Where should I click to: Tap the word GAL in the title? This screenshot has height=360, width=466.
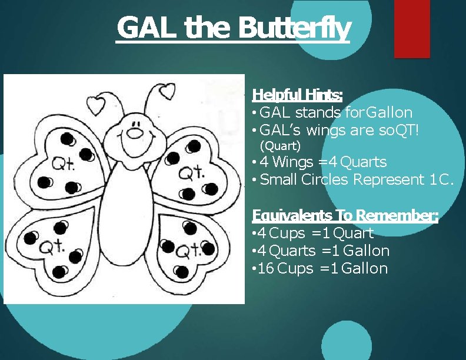148,28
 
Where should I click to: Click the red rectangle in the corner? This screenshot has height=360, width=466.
412,29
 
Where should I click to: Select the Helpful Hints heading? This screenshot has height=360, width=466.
297,95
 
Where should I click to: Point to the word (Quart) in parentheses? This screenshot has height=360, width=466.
280,145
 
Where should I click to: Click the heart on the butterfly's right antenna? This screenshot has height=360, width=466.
168,91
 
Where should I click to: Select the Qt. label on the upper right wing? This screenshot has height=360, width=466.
190,173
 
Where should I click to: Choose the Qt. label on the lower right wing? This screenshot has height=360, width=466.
189,251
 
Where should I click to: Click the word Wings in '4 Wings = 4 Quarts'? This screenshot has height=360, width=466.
293,162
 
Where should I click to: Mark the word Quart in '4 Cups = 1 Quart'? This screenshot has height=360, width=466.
354,233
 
